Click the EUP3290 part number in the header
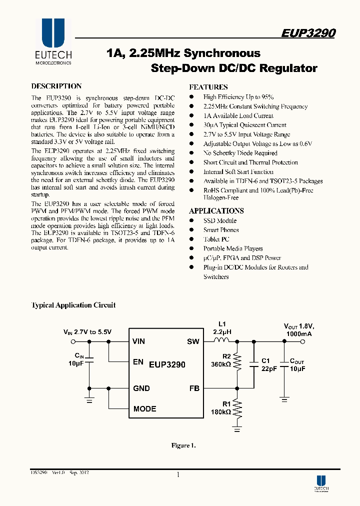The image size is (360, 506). (307, 33)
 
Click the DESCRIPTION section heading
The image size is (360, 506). (56, 86)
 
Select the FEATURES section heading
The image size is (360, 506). (208, 86)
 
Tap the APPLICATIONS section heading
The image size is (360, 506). (216, 210)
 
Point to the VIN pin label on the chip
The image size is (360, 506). (139, 341)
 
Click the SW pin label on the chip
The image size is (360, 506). (193, 341)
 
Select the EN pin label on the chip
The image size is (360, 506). (138, 362)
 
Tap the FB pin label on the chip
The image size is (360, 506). (194, 388)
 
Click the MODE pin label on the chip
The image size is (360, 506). (144, 408)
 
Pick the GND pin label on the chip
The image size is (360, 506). (141, 388)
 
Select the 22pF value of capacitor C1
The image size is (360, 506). (268, 368)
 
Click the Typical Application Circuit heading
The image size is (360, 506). (73, 305)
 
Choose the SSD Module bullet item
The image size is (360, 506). (219, 220)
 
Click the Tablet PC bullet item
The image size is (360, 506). (216, 239)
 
